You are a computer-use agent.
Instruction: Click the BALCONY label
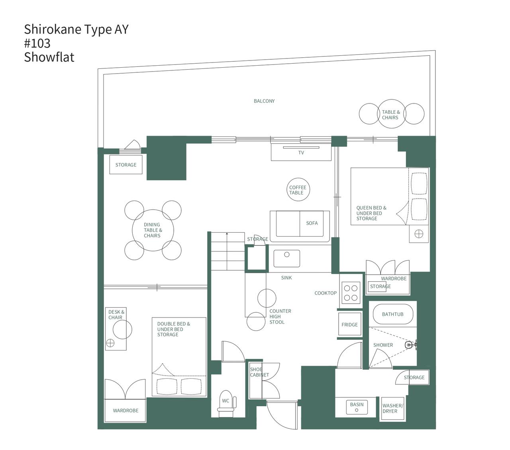[264, 101]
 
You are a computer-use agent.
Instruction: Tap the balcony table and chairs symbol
[391, 114]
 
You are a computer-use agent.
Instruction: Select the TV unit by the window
[301, 152]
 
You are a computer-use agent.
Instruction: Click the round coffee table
[298, 190]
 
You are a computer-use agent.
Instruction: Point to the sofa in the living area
[300, 226]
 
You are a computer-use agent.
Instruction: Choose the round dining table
[153, 230]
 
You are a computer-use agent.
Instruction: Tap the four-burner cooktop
[351, 292]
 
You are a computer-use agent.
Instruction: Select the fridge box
[349, 325]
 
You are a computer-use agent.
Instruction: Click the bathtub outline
[392, 314]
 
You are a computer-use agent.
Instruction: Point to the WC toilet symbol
[226, 403]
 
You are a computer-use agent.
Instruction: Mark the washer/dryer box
[392, 409]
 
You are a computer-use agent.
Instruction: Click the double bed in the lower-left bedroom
[179, 356]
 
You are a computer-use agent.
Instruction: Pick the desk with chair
[116, 329]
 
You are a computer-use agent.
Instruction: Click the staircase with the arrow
[227, 251]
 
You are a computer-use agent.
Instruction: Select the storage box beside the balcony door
[126, 165]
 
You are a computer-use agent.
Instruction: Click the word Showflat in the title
[49, 57]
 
